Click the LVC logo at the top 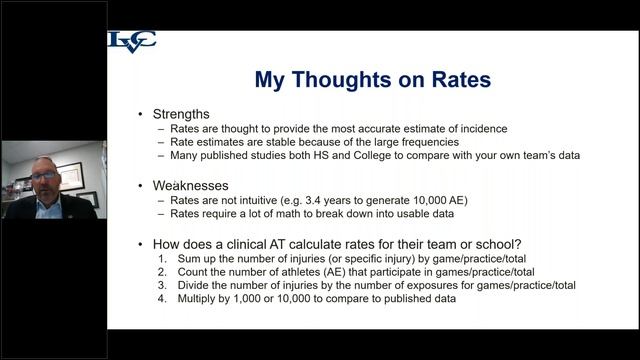[x=132, y=43]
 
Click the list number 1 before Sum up [x=164, y=257]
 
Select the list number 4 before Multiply [x=164, y=298]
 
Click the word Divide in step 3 [x=197, y=285]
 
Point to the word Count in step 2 [x=196, y=271]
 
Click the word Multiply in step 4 [x=201, y=298]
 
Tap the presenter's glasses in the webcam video [x=44, y=176]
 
